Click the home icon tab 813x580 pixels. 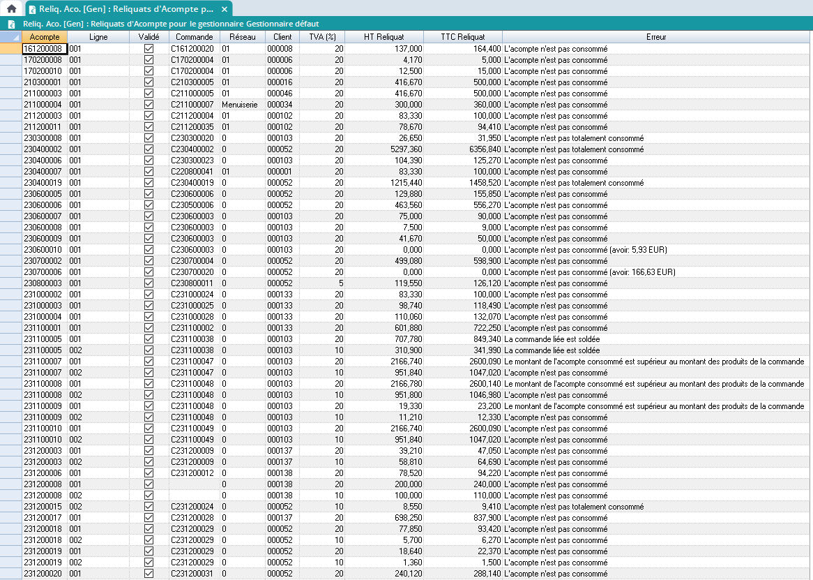11,9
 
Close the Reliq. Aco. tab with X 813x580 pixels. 224,9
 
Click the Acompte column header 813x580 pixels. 45,36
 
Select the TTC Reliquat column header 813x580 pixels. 462,36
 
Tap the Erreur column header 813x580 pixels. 656,36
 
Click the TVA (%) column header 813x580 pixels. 322,36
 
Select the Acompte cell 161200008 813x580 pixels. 44,49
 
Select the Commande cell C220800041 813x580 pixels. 192,172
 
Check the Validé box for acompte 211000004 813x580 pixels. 149,105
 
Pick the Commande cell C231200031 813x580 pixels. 192,574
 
